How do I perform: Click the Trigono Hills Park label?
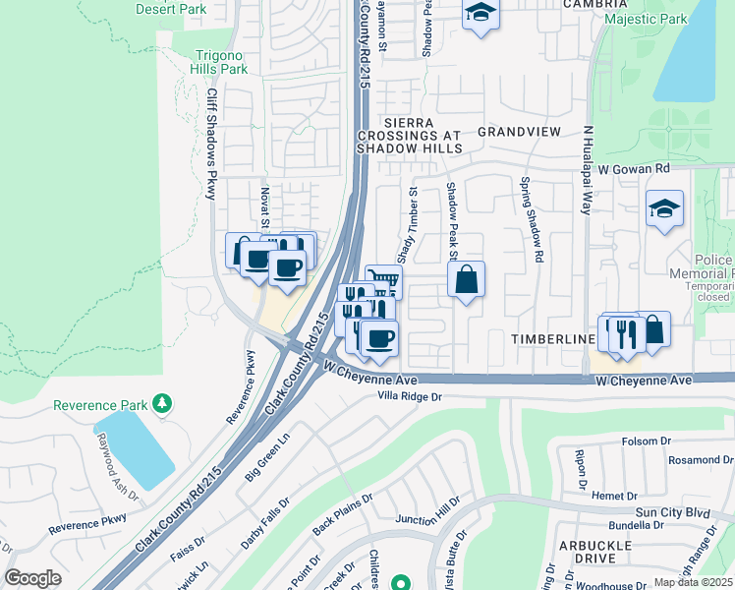220,63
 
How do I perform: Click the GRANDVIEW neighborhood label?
519,131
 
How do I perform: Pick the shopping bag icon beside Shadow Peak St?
467,279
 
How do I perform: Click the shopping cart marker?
384,282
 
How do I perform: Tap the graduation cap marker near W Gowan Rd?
664,207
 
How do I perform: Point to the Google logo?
32,578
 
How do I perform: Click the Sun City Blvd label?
671,512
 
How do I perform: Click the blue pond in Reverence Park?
136,446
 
